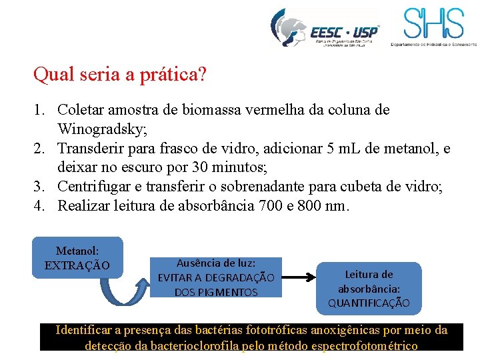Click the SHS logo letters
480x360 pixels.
[x=433, y=24]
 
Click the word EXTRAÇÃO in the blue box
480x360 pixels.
[x=77, y=265]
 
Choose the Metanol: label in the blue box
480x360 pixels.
[x=77, y=251]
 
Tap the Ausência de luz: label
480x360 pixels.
[x=215, y=263]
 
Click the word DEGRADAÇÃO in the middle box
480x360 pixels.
[x=237, y=277]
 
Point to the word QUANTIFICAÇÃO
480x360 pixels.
[x=369, y=303]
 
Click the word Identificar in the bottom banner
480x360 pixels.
[x=86, y=330]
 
